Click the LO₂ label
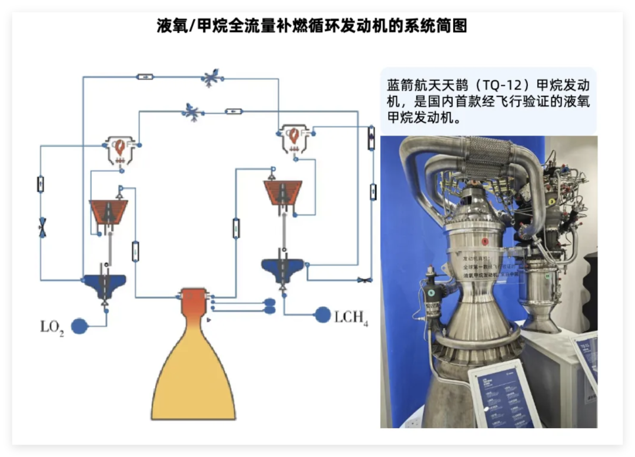[52, 327]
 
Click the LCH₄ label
[351, 317]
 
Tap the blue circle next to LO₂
[79, 326]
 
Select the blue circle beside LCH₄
[322, 315]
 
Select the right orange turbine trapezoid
[283, 192]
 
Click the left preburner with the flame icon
[120, 148]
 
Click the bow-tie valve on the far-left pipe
[42, 227]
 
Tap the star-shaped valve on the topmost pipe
[210, 78]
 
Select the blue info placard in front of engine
[504, 395]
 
